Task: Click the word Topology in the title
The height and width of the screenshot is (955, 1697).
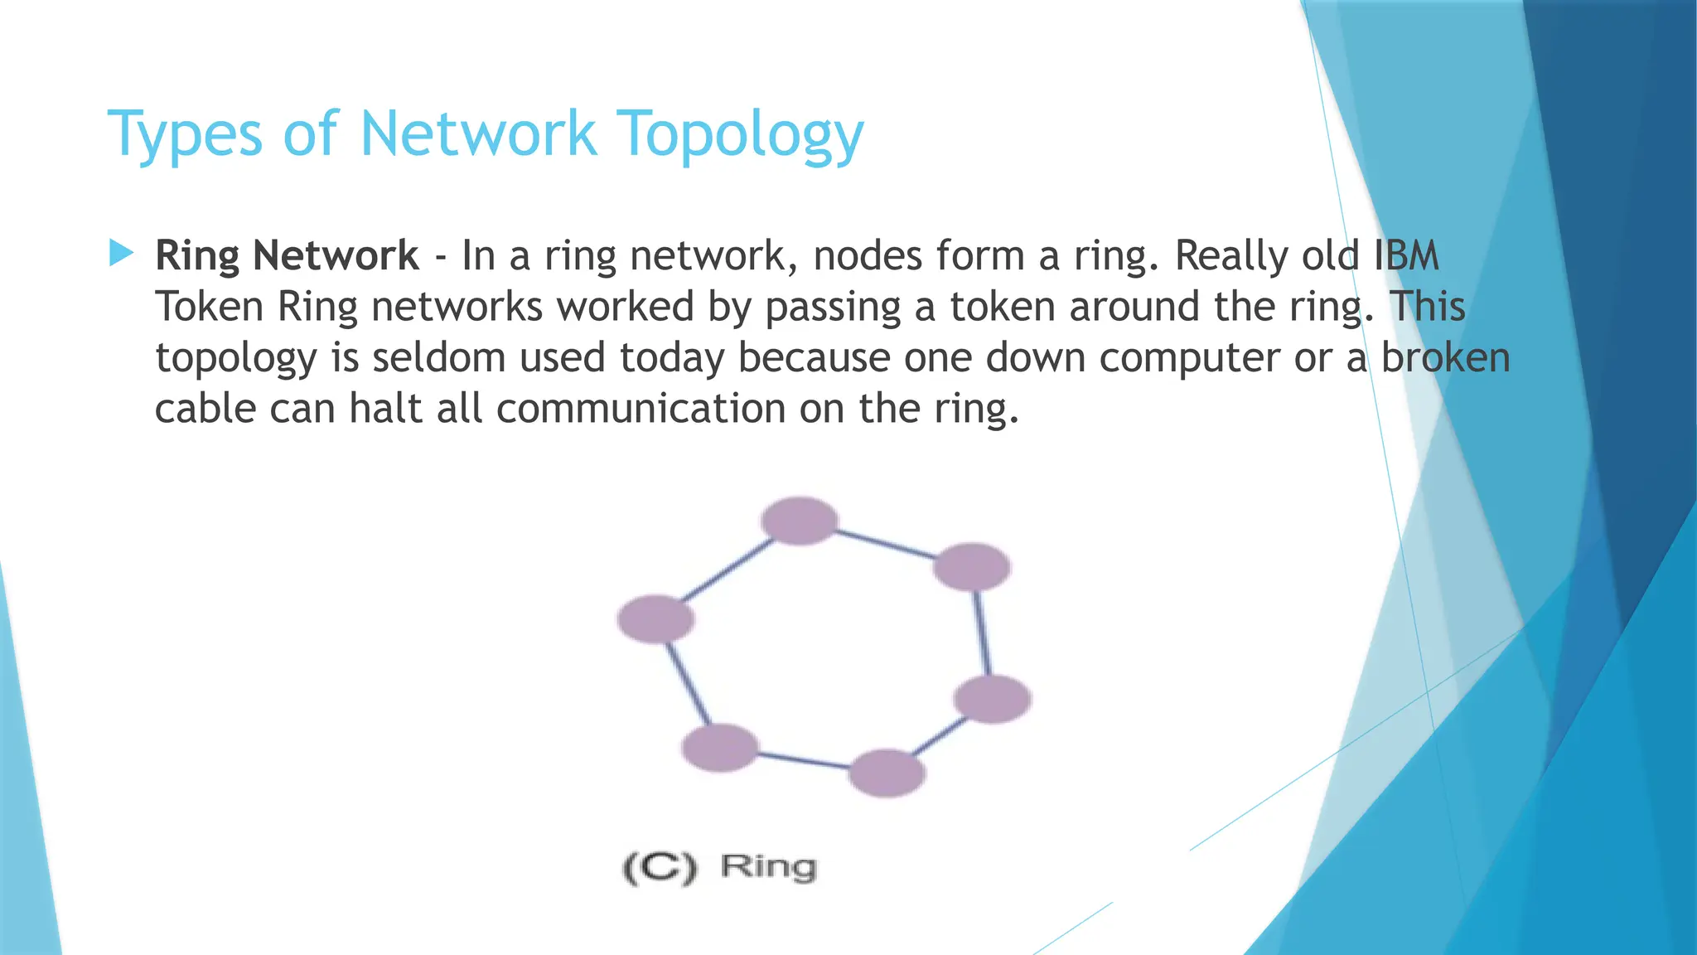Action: click(741, 134)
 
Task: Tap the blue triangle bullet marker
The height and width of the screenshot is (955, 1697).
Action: click(121, 253)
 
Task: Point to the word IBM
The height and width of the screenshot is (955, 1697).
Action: click(1406, 255)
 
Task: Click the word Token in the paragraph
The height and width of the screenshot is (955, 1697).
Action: click(209, 307)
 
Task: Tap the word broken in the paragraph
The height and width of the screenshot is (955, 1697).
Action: click(1445, 357)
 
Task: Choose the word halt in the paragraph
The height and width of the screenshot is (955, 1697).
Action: click(385, 408)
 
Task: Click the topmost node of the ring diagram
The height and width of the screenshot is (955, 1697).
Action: click(800, 521)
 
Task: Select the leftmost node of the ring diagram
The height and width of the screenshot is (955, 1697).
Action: click(655, 619)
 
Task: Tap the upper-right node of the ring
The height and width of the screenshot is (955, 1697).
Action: click(971, 567)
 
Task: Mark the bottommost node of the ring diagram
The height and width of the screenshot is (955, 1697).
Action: click(887, 773)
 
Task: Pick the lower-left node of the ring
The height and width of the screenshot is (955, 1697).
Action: click(719, 748)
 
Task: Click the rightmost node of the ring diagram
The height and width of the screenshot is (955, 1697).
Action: click(992, 699)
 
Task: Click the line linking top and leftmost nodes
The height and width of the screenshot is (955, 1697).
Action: click(728, 570)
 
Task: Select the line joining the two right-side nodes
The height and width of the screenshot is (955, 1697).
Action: click(982, 633)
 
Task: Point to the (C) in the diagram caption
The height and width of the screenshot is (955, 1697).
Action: click(660, 868)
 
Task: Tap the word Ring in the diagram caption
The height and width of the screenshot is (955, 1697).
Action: click(768, 867)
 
